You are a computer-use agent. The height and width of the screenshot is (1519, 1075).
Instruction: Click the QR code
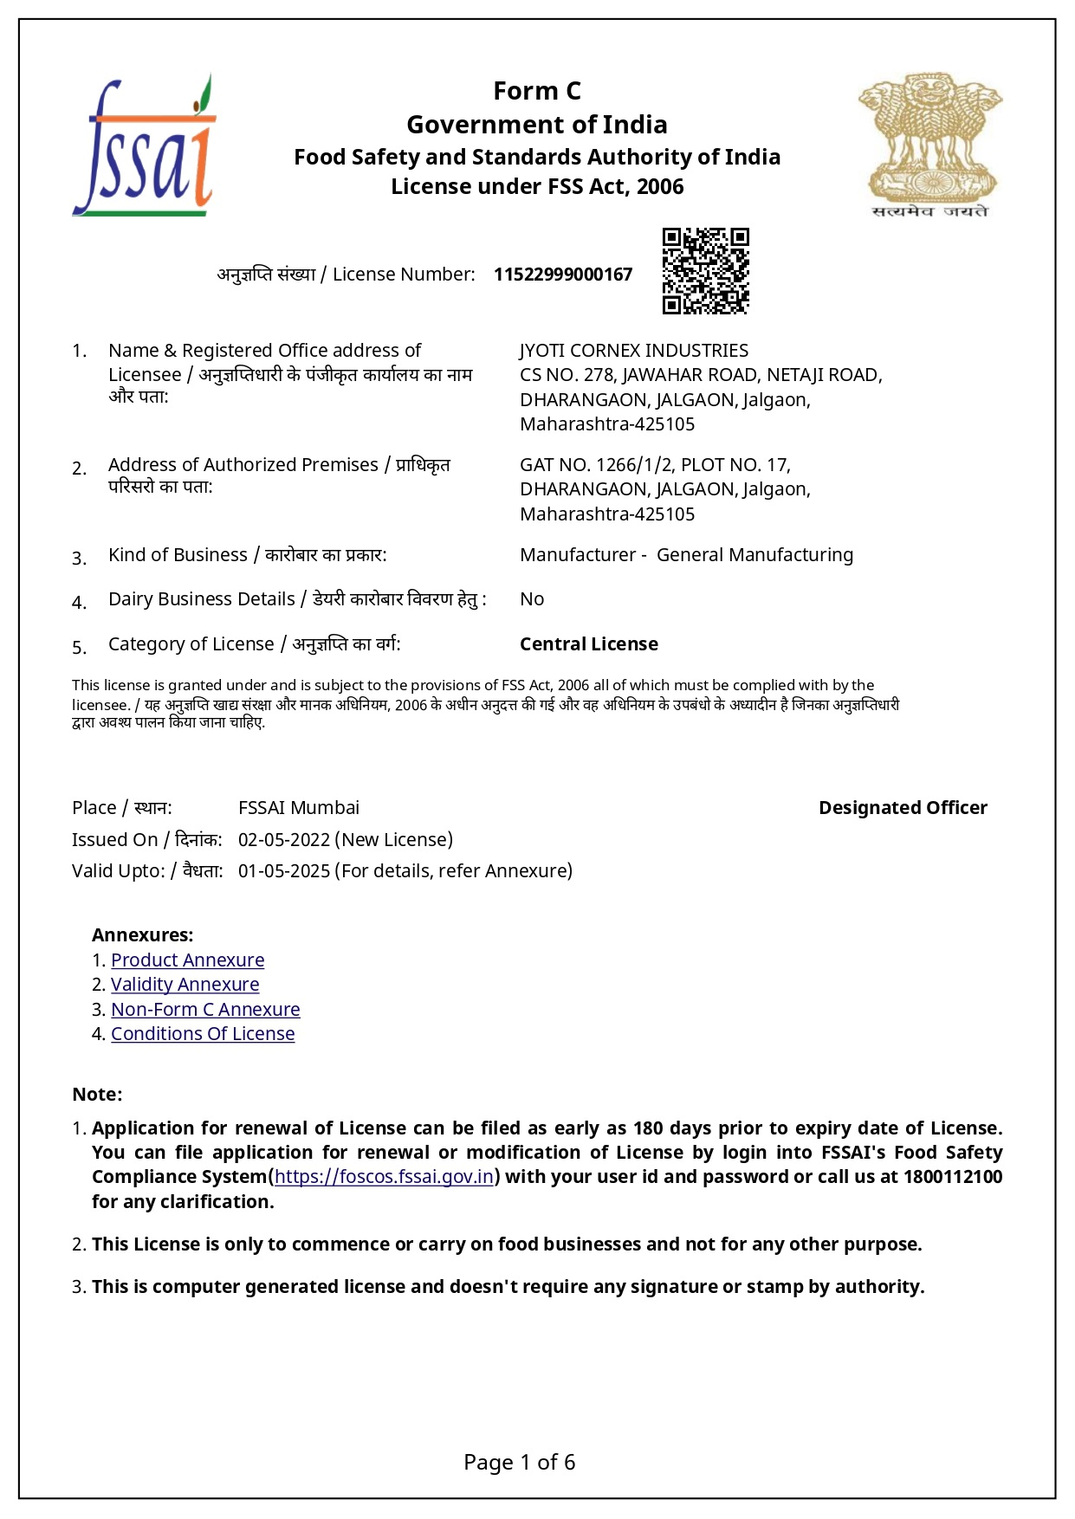705,271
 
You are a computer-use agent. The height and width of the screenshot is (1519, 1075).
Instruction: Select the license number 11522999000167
563,275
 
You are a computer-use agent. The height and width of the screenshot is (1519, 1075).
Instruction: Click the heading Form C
537,91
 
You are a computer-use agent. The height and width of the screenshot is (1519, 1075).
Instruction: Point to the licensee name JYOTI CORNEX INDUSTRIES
634,351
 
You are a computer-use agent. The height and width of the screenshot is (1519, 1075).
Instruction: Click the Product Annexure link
187,960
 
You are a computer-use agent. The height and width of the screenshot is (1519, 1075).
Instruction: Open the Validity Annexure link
185,985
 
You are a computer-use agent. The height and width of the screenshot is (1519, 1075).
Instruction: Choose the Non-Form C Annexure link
205,1010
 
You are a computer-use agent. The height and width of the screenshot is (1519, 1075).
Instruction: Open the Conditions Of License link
203,1034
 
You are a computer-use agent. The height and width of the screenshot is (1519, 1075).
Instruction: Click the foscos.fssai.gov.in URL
384,1177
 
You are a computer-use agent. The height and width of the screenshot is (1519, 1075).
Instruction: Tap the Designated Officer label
903,808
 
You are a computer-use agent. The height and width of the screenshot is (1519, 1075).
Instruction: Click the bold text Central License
589,644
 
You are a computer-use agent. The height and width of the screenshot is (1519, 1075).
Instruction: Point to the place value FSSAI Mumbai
299,808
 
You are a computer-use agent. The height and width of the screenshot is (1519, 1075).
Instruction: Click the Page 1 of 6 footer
520,1463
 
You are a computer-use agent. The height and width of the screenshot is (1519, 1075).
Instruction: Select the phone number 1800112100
953,1177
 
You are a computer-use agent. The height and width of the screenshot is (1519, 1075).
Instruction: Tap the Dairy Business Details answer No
532,599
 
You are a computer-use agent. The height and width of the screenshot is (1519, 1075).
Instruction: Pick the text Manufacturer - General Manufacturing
686,555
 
